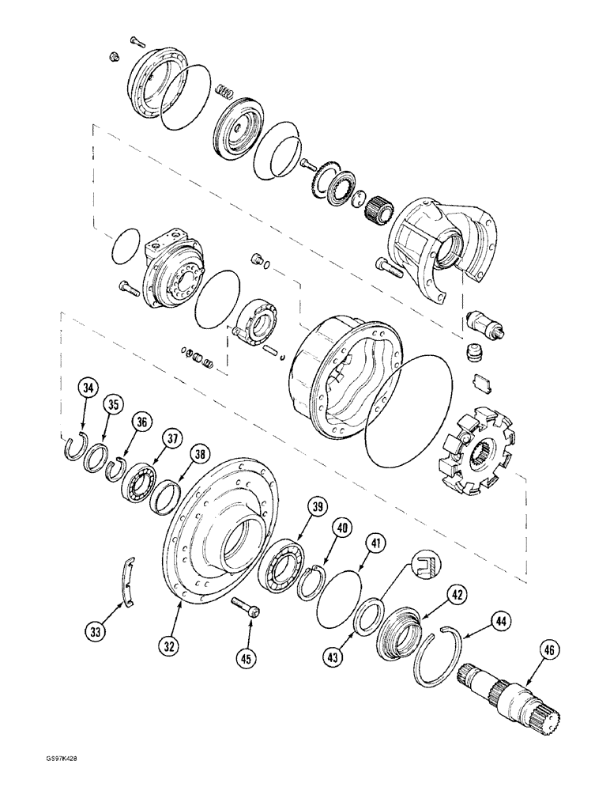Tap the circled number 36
pyautogui.click(x=141, y=422)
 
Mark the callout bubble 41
pyautogui.click(x=376, y=543)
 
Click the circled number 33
pyautogui.click(x=95, y=631)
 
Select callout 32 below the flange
pyautogui.click(x=168, y=646)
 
